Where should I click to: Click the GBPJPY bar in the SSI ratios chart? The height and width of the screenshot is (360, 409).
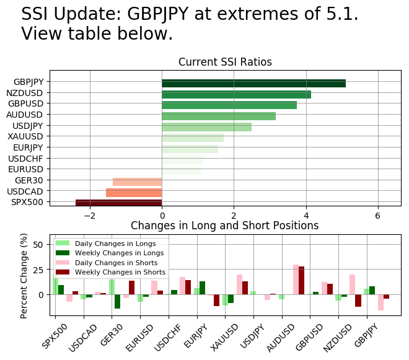coord(253,83)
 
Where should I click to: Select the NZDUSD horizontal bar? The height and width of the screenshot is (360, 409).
coord(236,94)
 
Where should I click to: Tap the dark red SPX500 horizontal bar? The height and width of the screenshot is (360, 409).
coord(118,203)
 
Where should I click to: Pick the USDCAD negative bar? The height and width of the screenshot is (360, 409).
coord(134,192)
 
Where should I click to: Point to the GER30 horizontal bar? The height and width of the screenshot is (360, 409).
coord(137,181)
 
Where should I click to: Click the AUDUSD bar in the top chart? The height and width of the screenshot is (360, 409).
coord(219,116)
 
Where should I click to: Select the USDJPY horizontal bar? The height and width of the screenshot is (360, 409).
coord(206,127)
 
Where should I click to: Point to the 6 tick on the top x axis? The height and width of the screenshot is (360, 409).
coord(377,215)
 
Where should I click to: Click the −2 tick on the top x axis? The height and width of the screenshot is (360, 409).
coord(90,215)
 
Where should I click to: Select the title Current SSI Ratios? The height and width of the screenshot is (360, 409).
coord(225,62)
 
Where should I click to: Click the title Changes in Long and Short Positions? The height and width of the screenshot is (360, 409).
coord(224,226)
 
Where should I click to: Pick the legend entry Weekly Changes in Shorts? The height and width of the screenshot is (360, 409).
coord(120,272)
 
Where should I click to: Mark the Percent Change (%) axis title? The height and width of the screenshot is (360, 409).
coord(24,276)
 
